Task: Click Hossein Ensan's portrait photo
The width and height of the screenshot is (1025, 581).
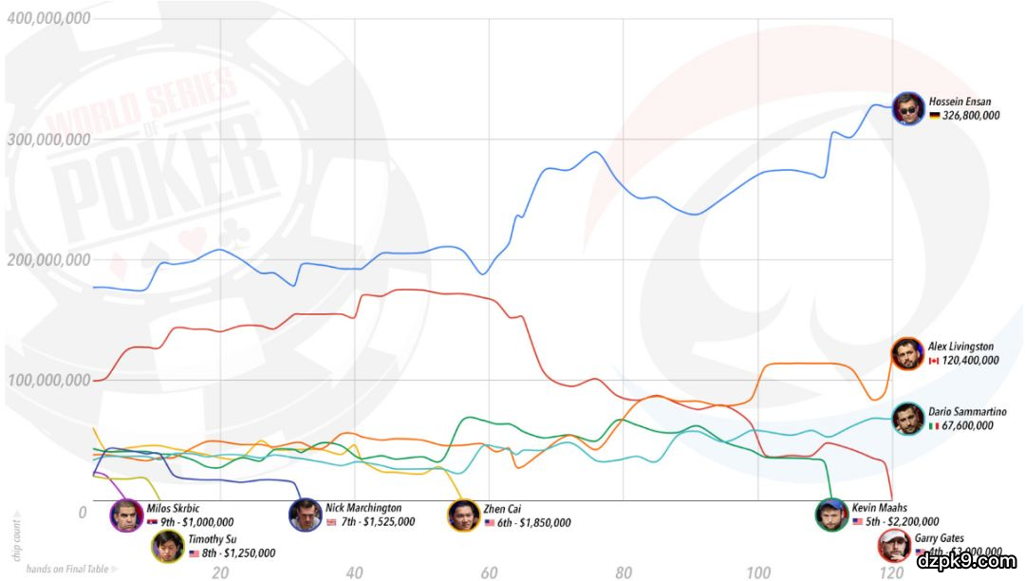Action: (x=909, y=108)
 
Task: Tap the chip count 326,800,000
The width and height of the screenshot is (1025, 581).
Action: (x=964, y=116)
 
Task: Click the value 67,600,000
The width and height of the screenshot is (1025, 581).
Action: (x=962, y=426)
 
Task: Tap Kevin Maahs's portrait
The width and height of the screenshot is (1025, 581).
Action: (x=832, y=515)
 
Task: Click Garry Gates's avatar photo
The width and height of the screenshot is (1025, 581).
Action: (x=894, y=546)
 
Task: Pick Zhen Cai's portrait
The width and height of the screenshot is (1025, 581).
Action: (x=463, y=515)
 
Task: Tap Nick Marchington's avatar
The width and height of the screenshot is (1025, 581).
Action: (x=306, y=515)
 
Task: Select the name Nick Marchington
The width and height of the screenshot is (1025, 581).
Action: (x=363, y=508)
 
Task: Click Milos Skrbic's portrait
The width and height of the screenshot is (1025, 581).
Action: (x=126, y=515)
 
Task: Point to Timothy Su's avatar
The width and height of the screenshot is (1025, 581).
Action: (x=168, y=546)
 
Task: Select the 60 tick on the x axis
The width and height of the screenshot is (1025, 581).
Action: (x=490, y=572)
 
